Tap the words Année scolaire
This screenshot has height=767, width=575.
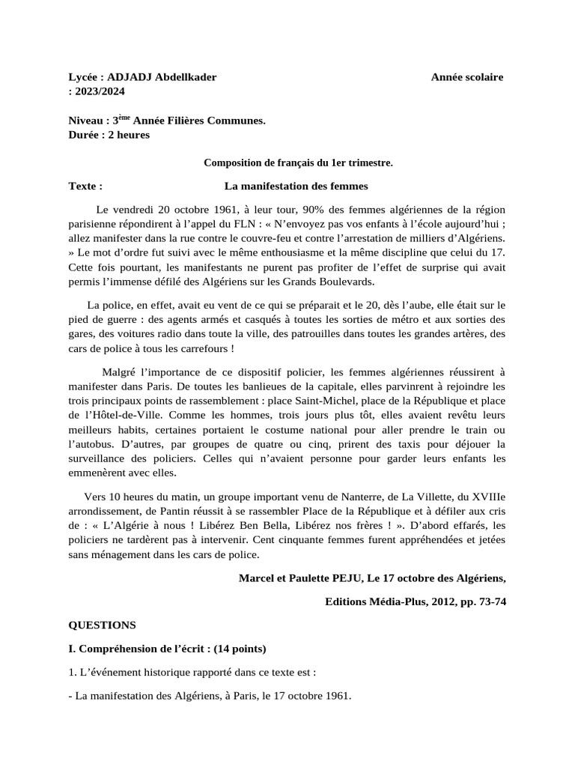click(x=467, y=77)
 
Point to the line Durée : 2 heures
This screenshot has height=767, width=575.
click(x=109, y=134)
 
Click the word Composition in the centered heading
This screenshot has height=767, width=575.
click(x=236, y=162)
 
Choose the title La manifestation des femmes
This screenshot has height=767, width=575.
click(x=296, y=185)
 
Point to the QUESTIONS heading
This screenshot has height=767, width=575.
click(x=103, y=624)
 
